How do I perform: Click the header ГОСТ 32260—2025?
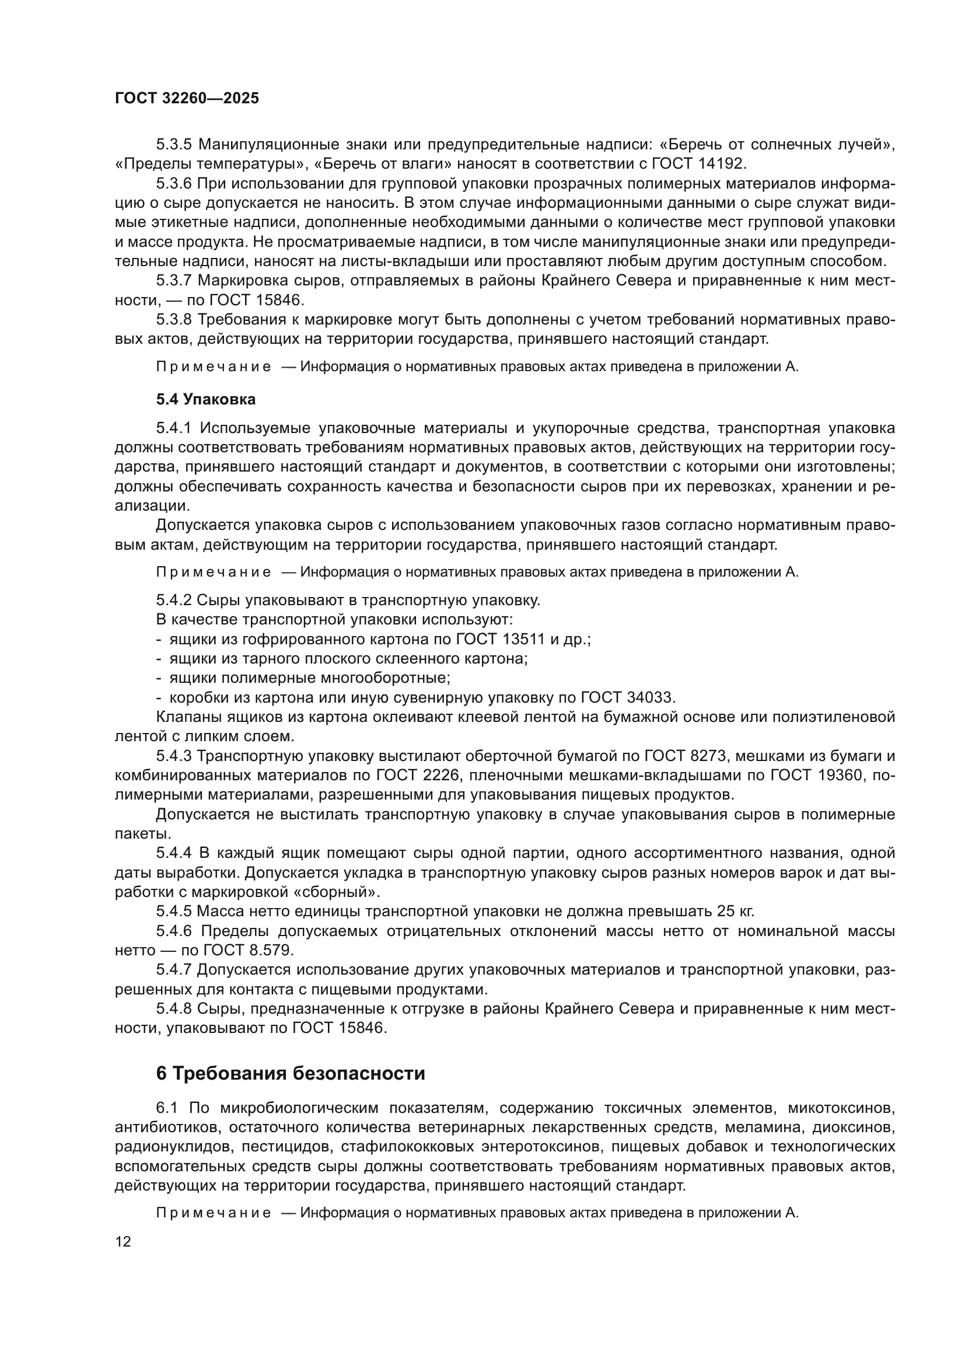[187, 99]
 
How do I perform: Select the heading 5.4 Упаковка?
[205, 400]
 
